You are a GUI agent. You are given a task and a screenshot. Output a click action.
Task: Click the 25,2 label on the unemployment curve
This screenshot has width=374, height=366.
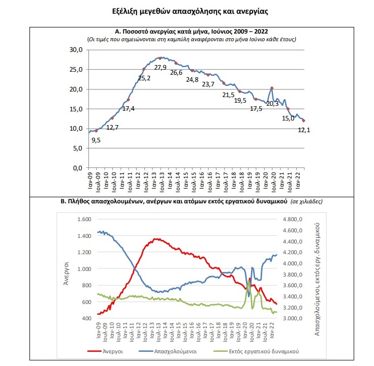coord(145,78)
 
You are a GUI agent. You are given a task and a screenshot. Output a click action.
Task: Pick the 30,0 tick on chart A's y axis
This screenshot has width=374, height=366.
coord(76,50)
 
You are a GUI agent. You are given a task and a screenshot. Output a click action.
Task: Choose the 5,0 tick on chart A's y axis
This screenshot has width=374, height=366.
coord(78,148)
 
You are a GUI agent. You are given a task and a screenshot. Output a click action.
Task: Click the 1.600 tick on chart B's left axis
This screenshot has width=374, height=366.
coord(83,219)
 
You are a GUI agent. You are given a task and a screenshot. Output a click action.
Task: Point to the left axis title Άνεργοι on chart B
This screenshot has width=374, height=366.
coord(66,269)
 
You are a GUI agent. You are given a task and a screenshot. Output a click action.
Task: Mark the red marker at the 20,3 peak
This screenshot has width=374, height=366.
coord(272,88)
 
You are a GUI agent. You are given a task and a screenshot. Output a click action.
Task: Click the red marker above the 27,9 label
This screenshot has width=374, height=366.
coord(161,58)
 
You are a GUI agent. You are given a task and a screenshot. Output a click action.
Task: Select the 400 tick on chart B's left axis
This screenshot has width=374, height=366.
coord(85,319)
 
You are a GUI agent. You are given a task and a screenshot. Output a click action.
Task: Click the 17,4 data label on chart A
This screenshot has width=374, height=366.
coord(129,108)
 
